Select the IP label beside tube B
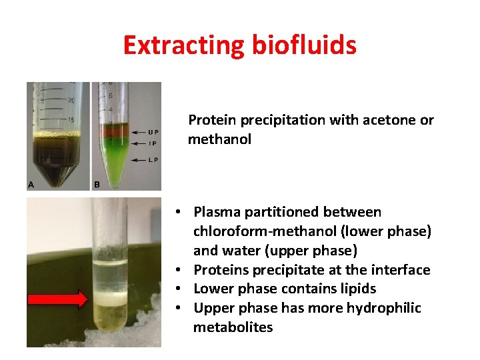click(x=153, y=143)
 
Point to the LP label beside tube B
click(x=153, y=160)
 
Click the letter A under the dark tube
click(x=31, y=184)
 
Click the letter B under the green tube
click(x=97, y=184)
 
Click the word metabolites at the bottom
click(x=233, y=327)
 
